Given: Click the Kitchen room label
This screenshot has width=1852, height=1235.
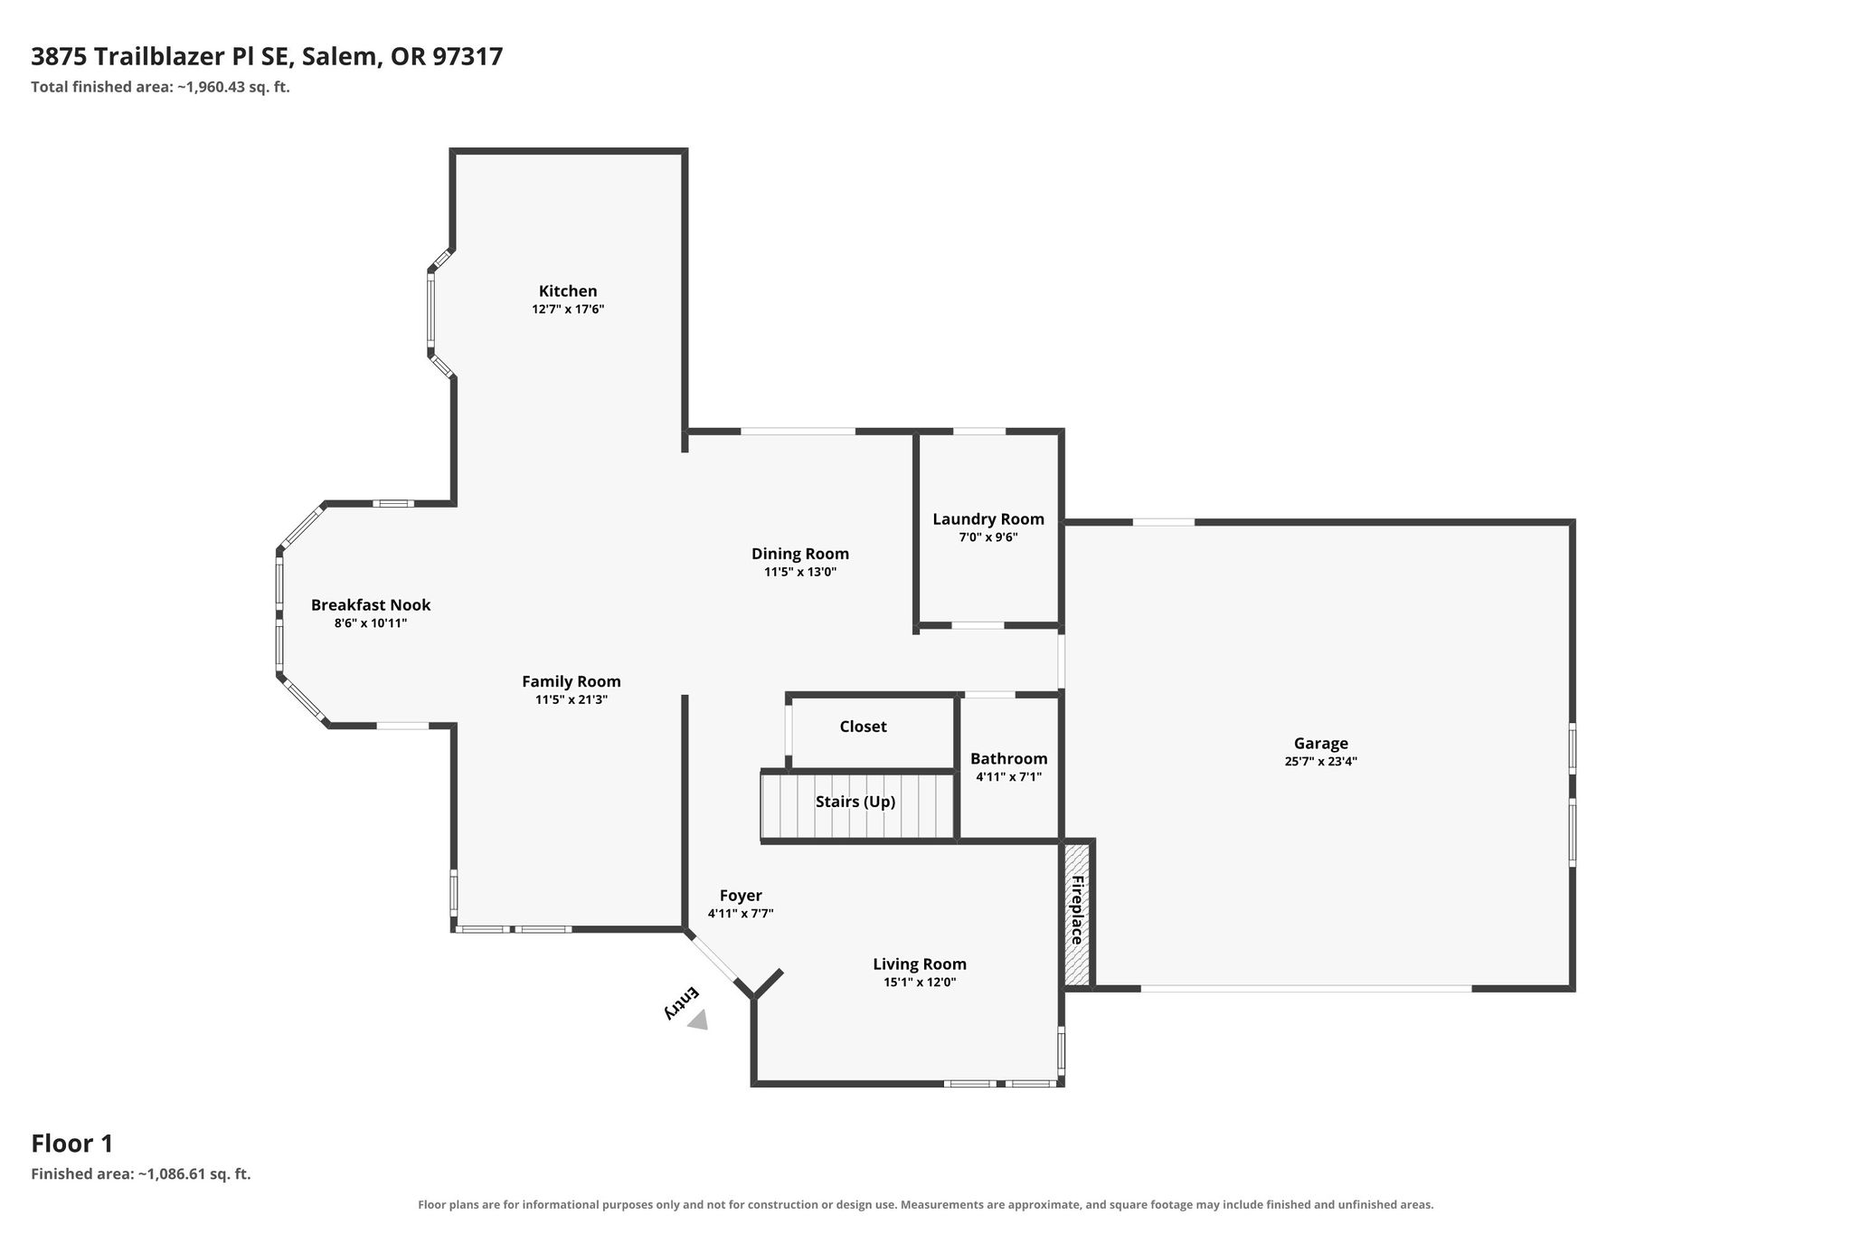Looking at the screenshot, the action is (568, 291).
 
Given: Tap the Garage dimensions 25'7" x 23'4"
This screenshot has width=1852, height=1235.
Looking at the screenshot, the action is (1320, 762).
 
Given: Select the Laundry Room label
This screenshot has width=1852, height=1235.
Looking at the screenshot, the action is (988, 519).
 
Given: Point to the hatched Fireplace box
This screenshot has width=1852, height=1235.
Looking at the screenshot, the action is (1077, 914).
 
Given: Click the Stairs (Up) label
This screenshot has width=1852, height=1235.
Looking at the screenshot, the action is (855, 802).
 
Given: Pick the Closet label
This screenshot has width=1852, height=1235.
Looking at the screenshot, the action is (863, 727).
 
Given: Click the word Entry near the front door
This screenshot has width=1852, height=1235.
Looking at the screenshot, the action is (682, 1003).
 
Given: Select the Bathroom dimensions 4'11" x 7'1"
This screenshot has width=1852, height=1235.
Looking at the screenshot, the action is (1008, 777).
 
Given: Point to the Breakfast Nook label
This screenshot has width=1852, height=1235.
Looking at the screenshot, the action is (371, 605).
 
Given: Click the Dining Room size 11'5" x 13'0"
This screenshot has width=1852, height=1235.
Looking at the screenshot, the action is (800, 572).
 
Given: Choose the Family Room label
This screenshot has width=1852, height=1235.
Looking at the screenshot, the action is (572, 682).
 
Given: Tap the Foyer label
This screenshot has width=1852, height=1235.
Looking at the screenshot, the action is (741, 896).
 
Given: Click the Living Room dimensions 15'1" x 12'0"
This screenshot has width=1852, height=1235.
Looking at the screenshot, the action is (920, 983).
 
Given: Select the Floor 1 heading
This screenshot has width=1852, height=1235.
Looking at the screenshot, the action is (72, 1144).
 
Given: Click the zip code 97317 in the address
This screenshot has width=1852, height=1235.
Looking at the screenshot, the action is (468, 57).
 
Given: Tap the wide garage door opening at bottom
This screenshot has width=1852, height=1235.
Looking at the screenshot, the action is (1306, 989).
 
